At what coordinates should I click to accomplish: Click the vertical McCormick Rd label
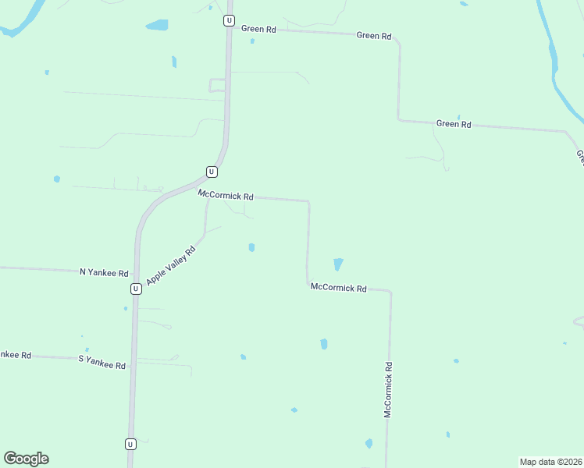387,389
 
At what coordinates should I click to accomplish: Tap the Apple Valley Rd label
170,260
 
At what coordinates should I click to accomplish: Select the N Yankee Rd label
104,272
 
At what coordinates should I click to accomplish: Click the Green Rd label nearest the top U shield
258,29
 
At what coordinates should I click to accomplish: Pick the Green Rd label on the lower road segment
454,123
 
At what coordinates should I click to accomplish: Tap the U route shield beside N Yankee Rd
136,289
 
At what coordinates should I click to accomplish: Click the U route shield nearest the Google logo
130,444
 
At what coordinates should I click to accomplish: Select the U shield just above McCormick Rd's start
212,172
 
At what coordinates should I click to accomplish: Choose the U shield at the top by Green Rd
229,20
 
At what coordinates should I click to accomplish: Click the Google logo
26,459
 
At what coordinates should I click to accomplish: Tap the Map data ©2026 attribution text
550,462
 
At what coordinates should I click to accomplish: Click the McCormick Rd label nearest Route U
226,195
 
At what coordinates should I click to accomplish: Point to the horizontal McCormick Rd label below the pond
338,288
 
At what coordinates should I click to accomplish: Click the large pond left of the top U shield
157,25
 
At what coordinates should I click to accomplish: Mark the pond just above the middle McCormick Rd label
338,264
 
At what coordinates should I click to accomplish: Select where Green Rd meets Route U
230,28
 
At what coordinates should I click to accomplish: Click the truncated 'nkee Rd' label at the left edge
15,355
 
